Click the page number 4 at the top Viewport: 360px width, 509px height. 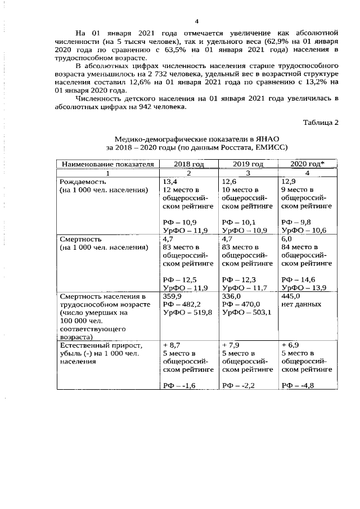click(x=180, y=21)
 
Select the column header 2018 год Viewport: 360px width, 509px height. click(x=188, y=164)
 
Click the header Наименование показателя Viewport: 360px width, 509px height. click(x=107, y=164)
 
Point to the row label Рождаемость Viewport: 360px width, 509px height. click(x=83, y=182)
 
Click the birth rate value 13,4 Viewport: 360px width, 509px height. click(x=170, y=182)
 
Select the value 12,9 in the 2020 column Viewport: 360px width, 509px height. click(x=288, y=182)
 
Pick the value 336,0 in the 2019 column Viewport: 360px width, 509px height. click(x=232, y=296)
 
